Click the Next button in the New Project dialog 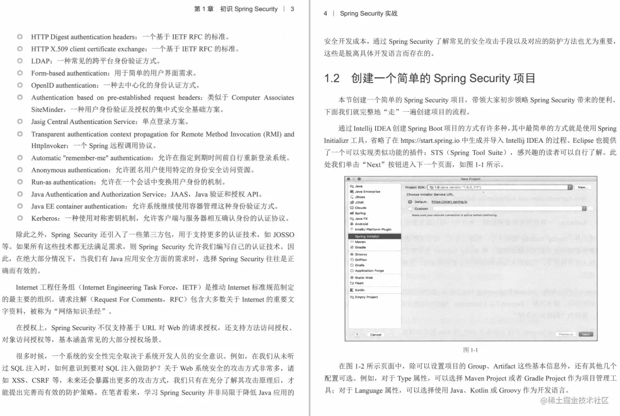coord(586,335)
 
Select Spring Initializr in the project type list coord(367,236)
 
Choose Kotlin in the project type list coord(359,290)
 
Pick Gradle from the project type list coord(360,247)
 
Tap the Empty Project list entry coord(366,297)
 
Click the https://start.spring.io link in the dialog coord(449,202)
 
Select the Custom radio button coord(410,209)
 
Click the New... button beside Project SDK coord(583,187)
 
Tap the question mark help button coord(357,335)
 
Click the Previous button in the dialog coord(565,335)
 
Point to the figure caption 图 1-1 coord(471,350)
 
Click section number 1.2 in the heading coord(332,78)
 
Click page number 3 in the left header coord(292,9)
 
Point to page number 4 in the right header coord(325,13)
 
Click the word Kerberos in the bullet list coord(45,218)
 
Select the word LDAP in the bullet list coord(41,61)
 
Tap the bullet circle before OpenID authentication coord(20,85)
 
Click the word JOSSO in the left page coord(284,234)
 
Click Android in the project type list coord(361,224)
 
